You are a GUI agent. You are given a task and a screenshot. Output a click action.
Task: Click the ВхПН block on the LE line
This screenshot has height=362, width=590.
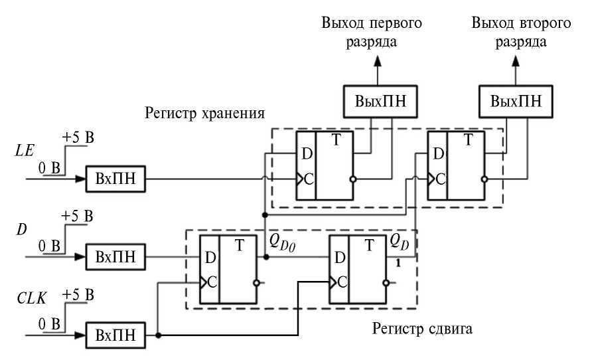pos(115,179)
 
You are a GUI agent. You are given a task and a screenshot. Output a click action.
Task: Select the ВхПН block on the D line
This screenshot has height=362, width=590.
pos(115,256)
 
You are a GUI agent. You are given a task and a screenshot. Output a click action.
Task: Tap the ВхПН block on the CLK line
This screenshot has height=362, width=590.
pos(115,335)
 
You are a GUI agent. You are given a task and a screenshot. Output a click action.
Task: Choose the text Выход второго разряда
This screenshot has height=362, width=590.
pos(522,32)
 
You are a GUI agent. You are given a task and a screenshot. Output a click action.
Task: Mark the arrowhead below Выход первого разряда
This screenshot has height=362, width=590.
pos(377,62)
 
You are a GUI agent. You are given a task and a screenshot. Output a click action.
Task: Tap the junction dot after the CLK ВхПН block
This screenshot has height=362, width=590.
pos(158,335)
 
